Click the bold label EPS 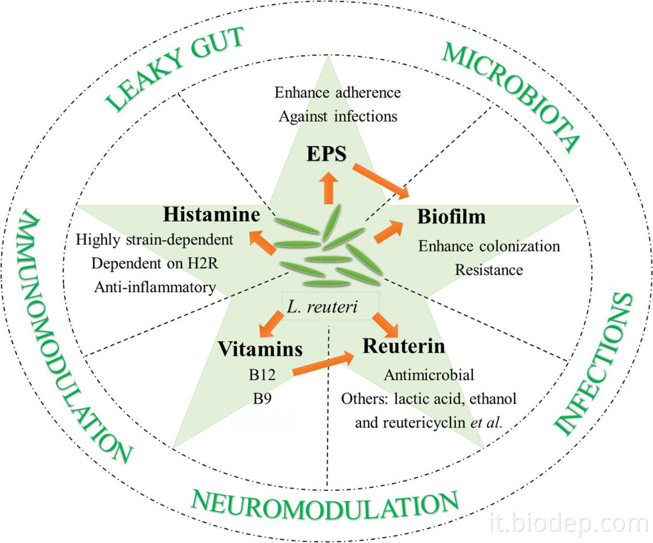[325, 154]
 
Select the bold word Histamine [212, 215]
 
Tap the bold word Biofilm [451, 217]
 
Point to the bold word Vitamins [260, 349]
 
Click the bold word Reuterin [404, 346]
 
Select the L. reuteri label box [330, 308]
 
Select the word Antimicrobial [429, 375]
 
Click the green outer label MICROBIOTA [509, 96]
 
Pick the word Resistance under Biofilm [489, 270]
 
